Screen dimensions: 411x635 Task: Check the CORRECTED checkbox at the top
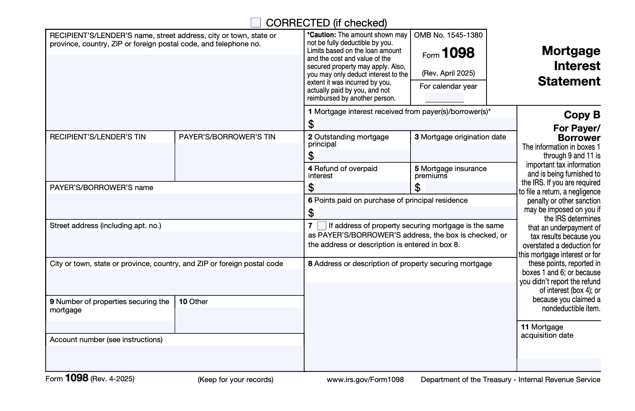pyautogui.click(x=256, y=23)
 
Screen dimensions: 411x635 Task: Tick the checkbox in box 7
pyautogui.click(x=322, y=226)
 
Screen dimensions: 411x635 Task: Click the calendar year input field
pyautogui.click(x=444, y=97)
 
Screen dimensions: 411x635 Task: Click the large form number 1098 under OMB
pyautogui.click(x=458, y=53)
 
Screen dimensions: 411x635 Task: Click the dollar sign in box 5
pyautogui.click(x=417, y=187)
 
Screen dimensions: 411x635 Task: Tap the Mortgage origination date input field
pyautogui.click(x=463, y=152)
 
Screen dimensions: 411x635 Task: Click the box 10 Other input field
pyautogui.click(x=239, y=320)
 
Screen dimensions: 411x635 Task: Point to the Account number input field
pyautogui.click(x=174, y=358)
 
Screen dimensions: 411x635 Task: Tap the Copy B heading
pyautogui.click(x=582, y=115)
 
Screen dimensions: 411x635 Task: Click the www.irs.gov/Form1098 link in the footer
pyautogui.click(x=365, y=379)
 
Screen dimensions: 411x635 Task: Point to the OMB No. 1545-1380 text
pyautogui.click(x=448, y=35)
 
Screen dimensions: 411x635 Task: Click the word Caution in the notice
pyautogui.click(x=322, y=35)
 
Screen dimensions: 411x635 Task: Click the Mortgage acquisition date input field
pyautogui.click(x=558, y=364)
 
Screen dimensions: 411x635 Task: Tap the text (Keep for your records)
pyautogui.click(x=235, y=379)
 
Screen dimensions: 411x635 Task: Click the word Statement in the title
pyautogui.click(x=568, y=81)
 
